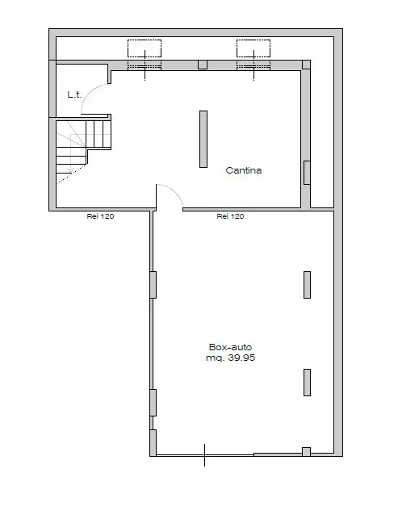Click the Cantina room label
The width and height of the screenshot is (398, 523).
(x=244, y=170)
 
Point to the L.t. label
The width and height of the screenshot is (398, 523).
(x=73, y=95)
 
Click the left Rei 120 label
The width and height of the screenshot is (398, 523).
(x=100, y=216)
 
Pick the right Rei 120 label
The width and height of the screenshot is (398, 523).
(x=230, y=216)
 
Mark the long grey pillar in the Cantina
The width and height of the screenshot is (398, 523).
(x=203, y=139)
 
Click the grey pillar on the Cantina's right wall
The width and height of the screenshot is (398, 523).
(x=306, y=172)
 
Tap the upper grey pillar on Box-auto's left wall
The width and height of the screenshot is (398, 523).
(x=153, y=285)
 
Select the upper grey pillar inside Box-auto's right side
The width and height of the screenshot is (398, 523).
(x=307, y=284)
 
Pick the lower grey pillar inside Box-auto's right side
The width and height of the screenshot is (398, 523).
(x=307, y=382)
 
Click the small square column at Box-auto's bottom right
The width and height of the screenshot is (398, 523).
(x=306, y=451)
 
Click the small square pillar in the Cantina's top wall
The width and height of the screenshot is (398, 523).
(x=203, y=65)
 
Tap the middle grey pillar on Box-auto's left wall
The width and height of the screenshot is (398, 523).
(x=153, y=402)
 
